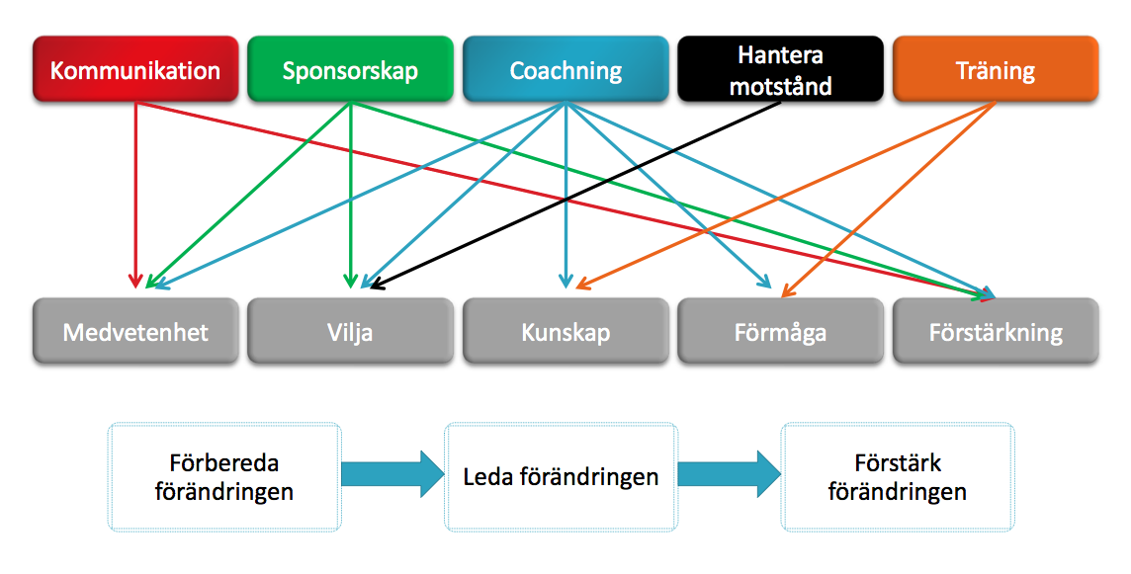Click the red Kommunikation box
pos(135,69)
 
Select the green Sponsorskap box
pos(351,69)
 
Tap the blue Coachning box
pos(565,69)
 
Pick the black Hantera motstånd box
pos(780,69)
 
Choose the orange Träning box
pos(996,69)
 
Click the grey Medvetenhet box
pos(135,331)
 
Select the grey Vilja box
pos(351,331)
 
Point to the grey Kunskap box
pos(565,331)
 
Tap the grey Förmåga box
pos(780,331)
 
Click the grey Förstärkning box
pos(996,331)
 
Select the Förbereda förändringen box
pos(224,477)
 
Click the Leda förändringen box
pos(562,477)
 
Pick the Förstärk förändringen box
pos(898,477)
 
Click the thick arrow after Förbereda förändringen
pos(392,474)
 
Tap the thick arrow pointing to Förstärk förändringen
pos(730,474)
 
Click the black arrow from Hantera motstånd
pos(574,196)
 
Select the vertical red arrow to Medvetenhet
pos(134,195)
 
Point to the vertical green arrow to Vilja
pos(351,195)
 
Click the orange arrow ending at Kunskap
pos(786,196)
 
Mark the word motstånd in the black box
pos(780,86)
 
